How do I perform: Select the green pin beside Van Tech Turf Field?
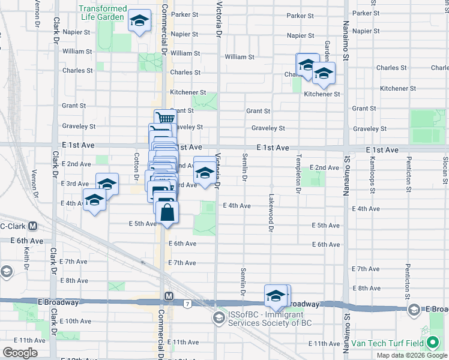tap(433, 344)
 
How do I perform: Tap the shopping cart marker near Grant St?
tap(164, 118)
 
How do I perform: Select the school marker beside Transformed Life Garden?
tap(139, 22)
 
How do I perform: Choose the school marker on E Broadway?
tap(276, 295)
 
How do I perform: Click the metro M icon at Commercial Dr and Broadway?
tap(169, 296)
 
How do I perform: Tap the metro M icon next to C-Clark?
tap(33, 227)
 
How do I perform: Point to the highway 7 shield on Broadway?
tap(188, 304)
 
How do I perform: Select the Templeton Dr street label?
tap(298, 173)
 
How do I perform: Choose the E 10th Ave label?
tap(75, 321)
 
